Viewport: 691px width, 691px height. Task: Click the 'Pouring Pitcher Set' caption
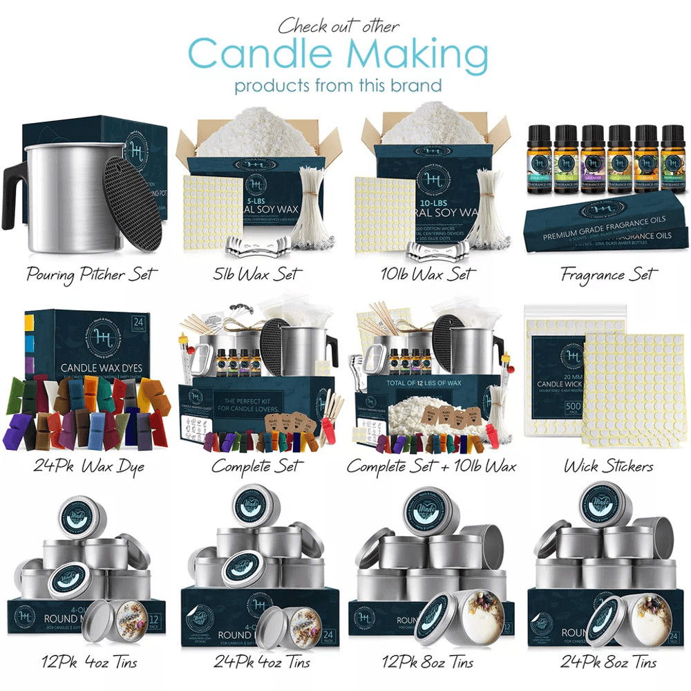tap(91, 274)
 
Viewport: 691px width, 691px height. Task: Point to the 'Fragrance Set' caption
tap(607, 274)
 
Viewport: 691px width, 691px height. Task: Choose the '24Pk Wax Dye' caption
tap(89, 466)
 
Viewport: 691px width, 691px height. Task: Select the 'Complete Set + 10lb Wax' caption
tap(431, 466)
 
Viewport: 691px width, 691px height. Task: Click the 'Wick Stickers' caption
tap(608, 466)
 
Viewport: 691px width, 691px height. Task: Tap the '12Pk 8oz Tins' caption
tap(428, 662)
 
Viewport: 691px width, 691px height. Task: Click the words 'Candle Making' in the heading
tap(338, 55)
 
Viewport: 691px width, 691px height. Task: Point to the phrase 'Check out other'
tap(339, 26)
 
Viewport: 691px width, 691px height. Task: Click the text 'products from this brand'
tap(338, 86)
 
